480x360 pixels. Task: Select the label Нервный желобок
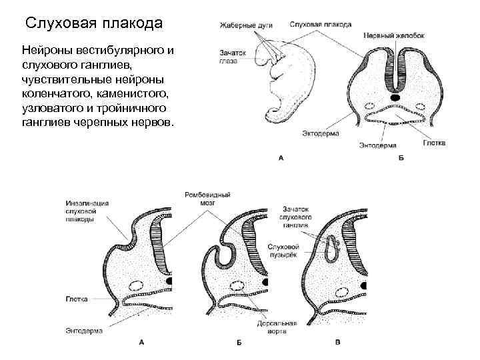click(394, 35)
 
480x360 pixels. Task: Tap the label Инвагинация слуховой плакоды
click(88, 211)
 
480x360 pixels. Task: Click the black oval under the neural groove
click(396, 98)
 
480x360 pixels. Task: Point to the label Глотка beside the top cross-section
click(433, 143)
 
